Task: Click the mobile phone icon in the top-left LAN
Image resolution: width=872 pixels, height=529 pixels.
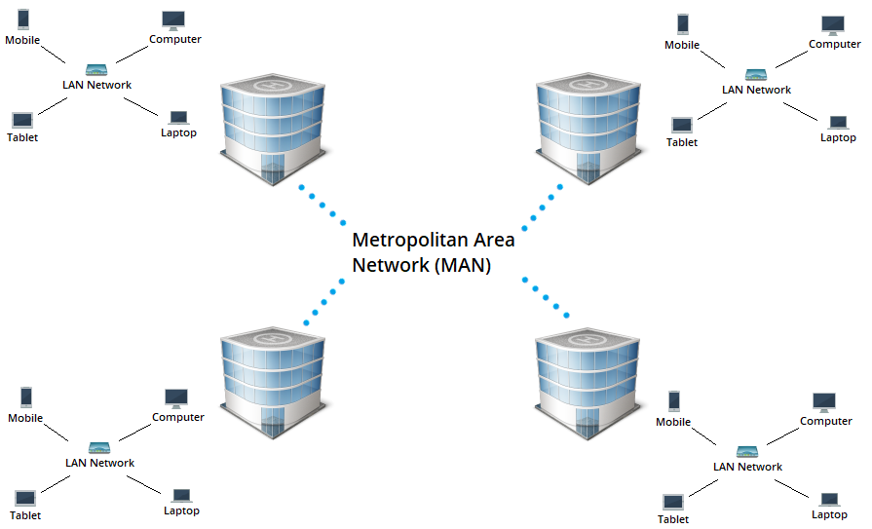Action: click(x=22, y=19)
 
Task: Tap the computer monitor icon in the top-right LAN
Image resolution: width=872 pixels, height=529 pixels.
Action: click(x=832, y=25)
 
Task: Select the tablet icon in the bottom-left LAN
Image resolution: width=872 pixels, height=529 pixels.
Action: click(x=25, y=499)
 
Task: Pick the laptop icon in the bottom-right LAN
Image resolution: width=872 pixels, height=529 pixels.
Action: click(x=829, y=500)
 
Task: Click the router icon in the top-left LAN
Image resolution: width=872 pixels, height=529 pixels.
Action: click(x=96, y=70)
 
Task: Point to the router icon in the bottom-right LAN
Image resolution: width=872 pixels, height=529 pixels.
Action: click(x=747, y=452)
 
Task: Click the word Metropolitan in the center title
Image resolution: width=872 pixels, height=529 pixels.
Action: click(x=410, y=241)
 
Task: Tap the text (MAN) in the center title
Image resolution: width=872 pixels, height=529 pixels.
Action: click(x=462, y=265)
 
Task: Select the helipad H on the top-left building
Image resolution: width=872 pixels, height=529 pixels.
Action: click(x=273, y=86)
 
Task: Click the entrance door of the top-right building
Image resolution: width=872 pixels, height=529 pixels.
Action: click(x=588, y=167)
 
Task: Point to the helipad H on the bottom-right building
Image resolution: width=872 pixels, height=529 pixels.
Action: click(x=588, y=339)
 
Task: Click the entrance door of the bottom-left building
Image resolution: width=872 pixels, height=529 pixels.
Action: click(x=273, y=422)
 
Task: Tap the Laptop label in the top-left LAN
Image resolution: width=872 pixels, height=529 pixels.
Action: click(x=178, y=132)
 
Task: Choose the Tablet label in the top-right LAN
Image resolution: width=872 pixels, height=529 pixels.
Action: click(x=682, y=142)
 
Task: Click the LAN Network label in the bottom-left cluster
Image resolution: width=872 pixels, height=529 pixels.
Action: click(x=99, y=463)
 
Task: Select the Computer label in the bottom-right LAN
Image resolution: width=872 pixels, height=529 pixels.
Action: click(x=826, y=421)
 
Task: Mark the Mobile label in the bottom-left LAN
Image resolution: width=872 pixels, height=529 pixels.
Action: click(x=25, y=418)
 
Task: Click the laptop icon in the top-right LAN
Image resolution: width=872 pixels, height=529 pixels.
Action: click(x=838, y=123)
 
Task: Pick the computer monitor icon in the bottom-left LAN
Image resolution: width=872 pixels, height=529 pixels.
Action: click(x=176, y=398)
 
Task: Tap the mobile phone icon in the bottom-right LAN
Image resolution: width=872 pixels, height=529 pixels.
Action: click(x=674, y=401)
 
